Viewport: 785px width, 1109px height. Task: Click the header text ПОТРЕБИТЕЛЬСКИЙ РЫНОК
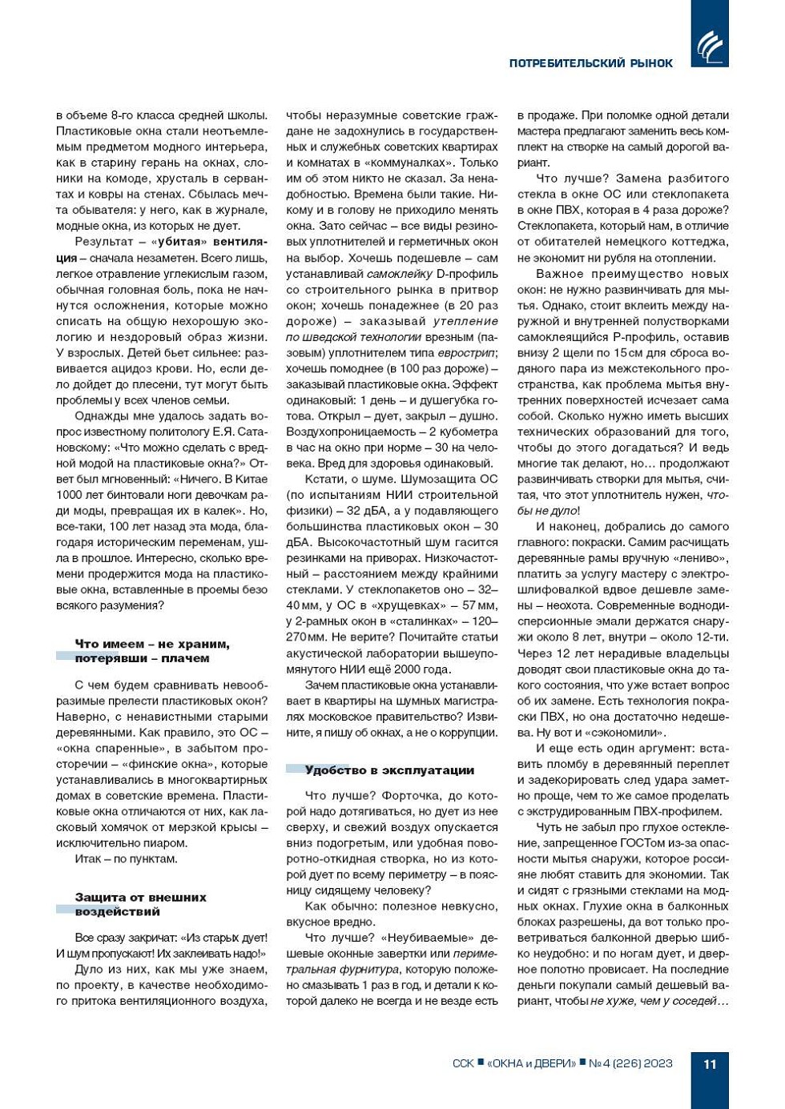click(590, 63)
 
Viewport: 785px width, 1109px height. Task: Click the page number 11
click(710, 1064)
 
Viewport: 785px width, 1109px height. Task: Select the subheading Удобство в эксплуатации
click(389, 770)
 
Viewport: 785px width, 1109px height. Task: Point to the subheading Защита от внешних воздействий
click(141, 904)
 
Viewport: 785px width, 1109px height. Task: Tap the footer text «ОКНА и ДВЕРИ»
click(531, 1064)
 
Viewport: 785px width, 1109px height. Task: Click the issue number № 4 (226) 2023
click(630, 1064)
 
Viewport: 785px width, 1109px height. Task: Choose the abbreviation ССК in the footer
click(463, 1064)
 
